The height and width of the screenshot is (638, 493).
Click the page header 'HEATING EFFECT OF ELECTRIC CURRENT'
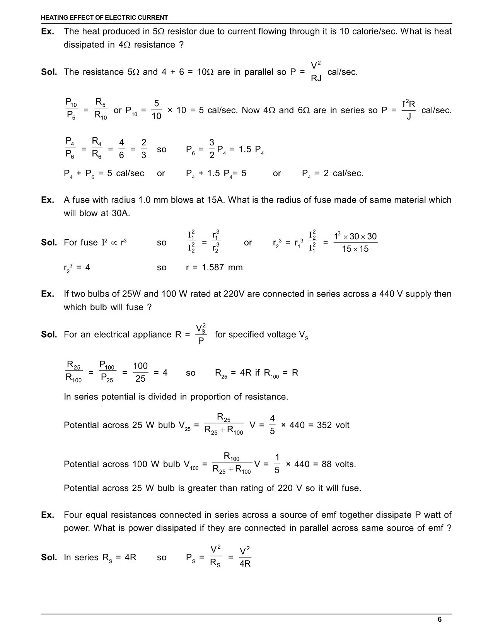click(104, 17)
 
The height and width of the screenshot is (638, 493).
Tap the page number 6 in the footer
click(440, 619)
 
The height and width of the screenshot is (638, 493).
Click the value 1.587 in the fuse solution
click(212, 268)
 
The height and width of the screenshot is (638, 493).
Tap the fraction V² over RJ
click(316, 72)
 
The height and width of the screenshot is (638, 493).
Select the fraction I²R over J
click(409, 110)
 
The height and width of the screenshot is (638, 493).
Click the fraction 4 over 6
click(121, 149)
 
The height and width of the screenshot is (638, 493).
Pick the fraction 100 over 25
click(140, 372)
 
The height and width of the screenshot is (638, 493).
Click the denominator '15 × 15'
click(355, 249)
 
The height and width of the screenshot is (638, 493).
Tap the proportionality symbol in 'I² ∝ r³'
click(114, 243)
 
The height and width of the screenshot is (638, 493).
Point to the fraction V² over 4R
click(245, 557)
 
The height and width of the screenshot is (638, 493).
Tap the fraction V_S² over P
click(201, 334)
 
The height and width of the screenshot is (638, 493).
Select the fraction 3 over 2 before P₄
click(212, 149)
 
